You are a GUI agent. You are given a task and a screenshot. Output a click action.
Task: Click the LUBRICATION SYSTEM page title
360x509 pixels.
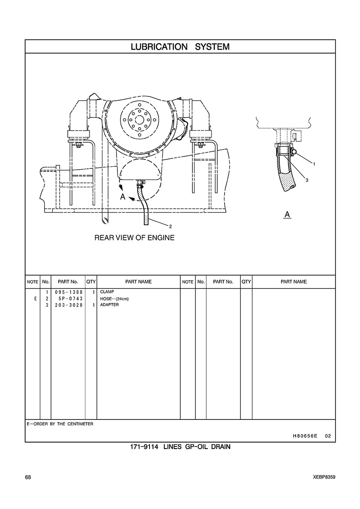pyautogui.click(x=180, y=47)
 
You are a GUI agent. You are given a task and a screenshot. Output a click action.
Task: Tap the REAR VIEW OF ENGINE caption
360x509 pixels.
pyautogui.click(x=134, y=237)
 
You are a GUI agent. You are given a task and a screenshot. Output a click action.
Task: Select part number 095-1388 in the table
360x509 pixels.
pyautogui.click(x=69, y=292)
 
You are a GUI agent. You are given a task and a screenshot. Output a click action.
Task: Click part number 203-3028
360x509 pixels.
pyautogui.click(x=69, y=305)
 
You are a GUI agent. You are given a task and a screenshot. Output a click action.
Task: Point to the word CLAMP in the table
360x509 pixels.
pyautogui.click(x=107, y=292)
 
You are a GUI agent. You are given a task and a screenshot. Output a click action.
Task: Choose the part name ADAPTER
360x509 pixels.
pyautogui.click(x=109, y=305)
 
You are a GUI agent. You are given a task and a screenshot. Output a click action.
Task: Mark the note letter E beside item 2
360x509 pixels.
pyautogui.click(x=35, y=299)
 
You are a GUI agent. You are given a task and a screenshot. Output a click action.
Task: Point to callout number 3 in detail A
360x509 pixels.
pyautogui.click(x=307, y=180)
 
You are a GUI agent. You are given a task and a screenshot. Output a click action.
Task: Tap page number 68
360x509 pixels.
pyautogui.click(x=28, y=477)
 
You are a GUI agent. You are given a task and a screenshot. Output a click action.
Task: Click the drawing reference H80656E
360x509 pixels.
pyautogui.click(x=305, y=436)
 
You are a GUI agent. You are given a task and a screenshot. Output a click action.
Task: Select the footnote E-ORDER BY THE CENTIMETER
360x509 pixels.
pyautogui.click(x=60, y=424)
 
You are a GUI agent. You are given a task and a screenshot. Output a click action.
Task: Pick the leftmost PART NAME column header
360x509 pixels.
pyautogui.click(x=138, y=282)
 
